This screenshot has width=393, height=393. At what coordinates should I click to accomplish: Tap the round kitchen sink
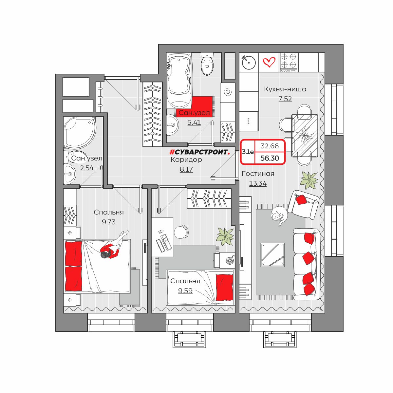(249, 62)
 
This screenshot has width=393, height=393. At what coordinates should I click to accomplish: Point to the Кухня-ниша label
(285, 89)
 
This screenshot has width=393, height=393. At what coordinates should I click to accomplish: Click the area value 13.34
(258, 183)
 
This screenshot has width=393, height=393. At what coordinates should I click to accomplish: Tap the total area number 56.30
(270, 158)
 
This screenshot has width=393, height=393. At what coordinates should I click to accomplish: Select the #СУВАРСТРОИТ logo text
(200, 152)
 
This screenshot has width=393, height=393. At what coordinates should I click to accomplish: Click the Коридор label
(186, 159)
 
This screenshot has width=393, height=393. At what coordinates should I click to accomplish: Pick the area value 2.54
(87, 168)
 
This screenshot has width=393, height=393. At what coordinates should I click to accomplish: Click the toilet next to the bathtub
(207, 64)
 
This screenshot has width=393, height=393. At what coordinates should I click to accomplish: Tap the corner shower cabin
(80, 132)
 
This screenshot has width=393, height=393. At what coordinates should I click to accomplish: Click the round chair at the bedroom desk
(181, 231)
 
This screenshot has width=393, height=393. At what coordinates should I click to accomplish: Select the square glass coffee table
(272, 255)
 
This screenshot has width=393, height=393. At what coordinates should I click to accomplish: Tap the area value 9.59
(185, 290)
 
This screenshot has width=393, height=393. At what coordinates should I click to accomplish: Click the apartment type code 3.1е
(248, 152)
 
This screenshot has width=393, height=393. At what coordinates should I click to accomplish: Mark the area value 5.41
(194, 122)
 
